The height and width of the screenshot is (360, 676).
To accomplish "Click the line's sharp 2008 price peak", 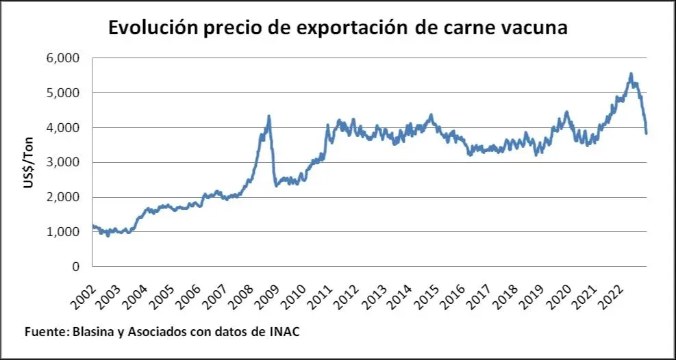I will click(x=268, y=116).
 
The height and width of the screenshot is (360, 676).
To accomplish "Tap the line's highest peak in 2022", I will click(x=631, y=74).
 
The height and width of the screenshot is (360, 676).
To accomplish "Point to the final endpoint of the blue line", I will click(x=646, y=133).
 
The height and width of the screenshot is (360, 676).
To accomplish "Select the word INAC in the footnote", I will click(x=285, y=331).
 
